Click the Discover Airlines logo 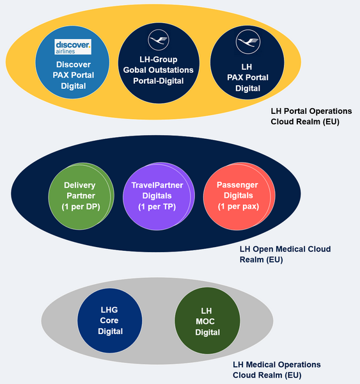pos(72,47)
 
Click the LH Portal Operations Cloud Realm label pos(311,116)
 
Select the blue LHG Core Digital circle pos(109,320)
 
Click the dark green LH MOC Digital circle pos(207,320)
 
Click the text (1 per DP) pos(79,207)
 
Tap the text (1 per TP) pos(157,207)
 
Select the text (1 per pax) pos(237,207)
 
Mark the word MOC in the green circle pos(207,321)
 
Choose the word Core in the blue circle pos(109,320)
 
